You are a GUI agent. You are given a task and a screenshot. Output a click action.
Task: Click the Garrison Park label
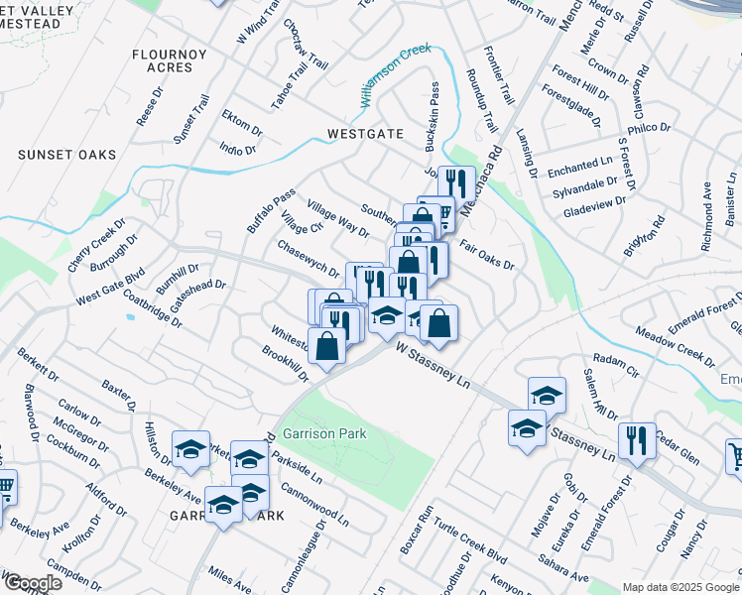pos(324,433)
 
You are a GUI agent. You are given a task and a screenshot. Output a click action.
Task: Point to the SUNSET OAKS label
pos(67,155)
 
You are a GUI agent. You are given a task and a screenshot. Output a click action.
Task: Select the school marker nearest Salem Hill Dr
pos(547,395)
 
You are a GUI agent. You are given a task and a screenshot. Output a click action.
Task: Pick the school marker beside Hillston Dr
pos(190,449)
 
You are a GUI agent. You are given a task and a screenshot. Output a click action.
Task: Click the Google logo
pos(32,583)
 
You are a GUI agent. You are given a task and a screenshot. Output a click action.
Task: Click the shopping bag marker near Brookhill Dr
pos(327,345)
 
